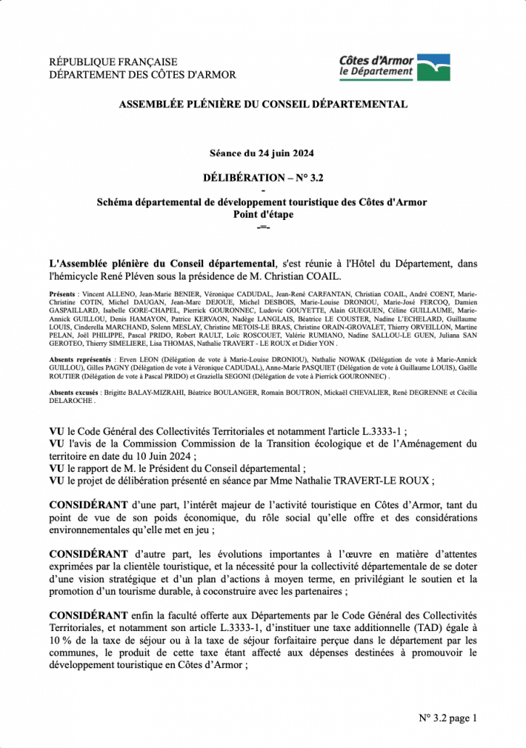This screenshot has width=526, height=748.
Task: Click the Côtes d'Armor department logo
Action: (x=395, y=67)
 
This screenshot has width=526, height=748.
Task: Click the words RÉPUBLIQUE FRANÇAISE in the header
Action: (x=112, y=62)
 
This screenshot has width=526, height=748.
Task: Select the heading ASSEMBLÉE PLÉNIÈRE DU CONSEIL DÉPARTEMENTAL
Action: (x=263, y=105)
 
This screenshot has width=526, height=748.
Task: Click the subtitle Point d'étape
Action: (x=263, y=214)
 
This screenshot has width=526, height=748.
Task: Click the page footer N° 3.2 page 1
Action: (x=448, y=718)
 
